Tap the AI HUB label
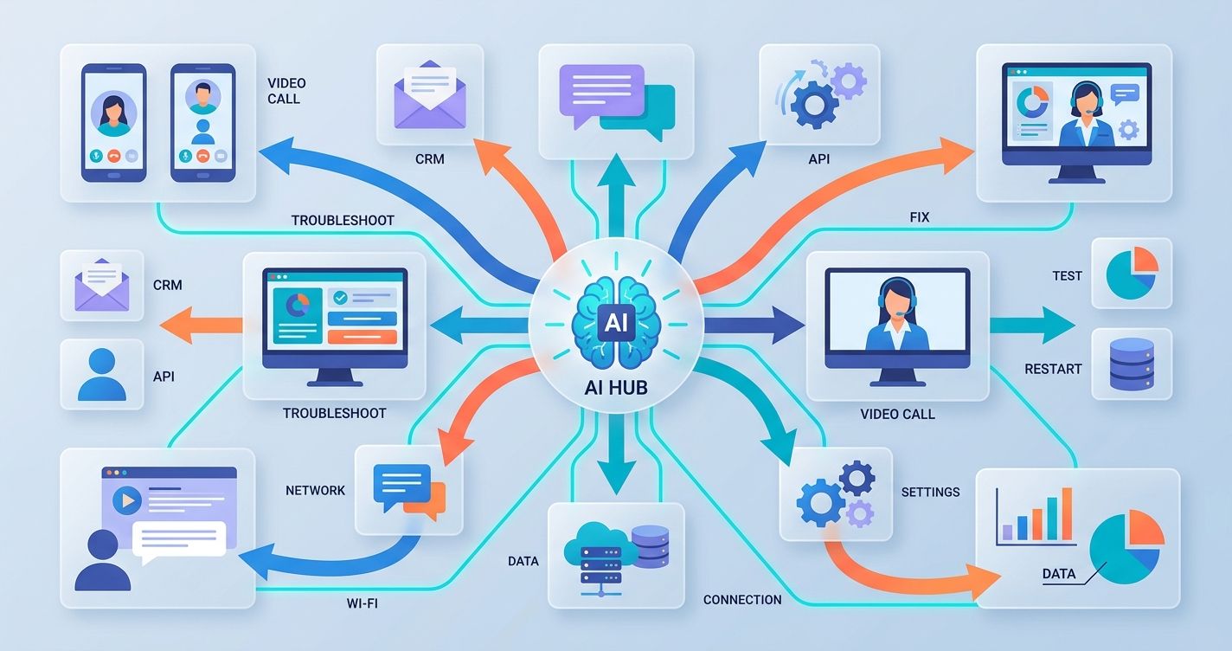click(615, 389)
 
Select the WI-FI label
click(362, 603)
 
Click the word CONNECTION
click(742, 600)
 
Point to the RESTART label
click(1053, 369)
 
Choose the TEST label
click(1067, 275)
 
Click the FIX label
click(919, 217)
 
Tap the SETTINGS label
click(930, 492)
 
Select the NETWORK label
click(315, 490)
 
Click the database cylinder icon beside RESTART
click(1132, 364)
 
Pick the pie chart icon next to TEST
click(1132, 273)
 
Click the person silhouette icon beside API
click(102, 374)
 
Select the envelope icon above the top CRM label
click(430, 94)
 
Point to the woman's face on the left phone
click(113, 111)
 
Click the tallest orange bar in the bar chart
click(1067, 514)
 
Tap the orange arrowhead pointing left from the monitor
click(176, 325)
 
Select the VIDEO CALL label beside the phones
click(286, 91)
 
